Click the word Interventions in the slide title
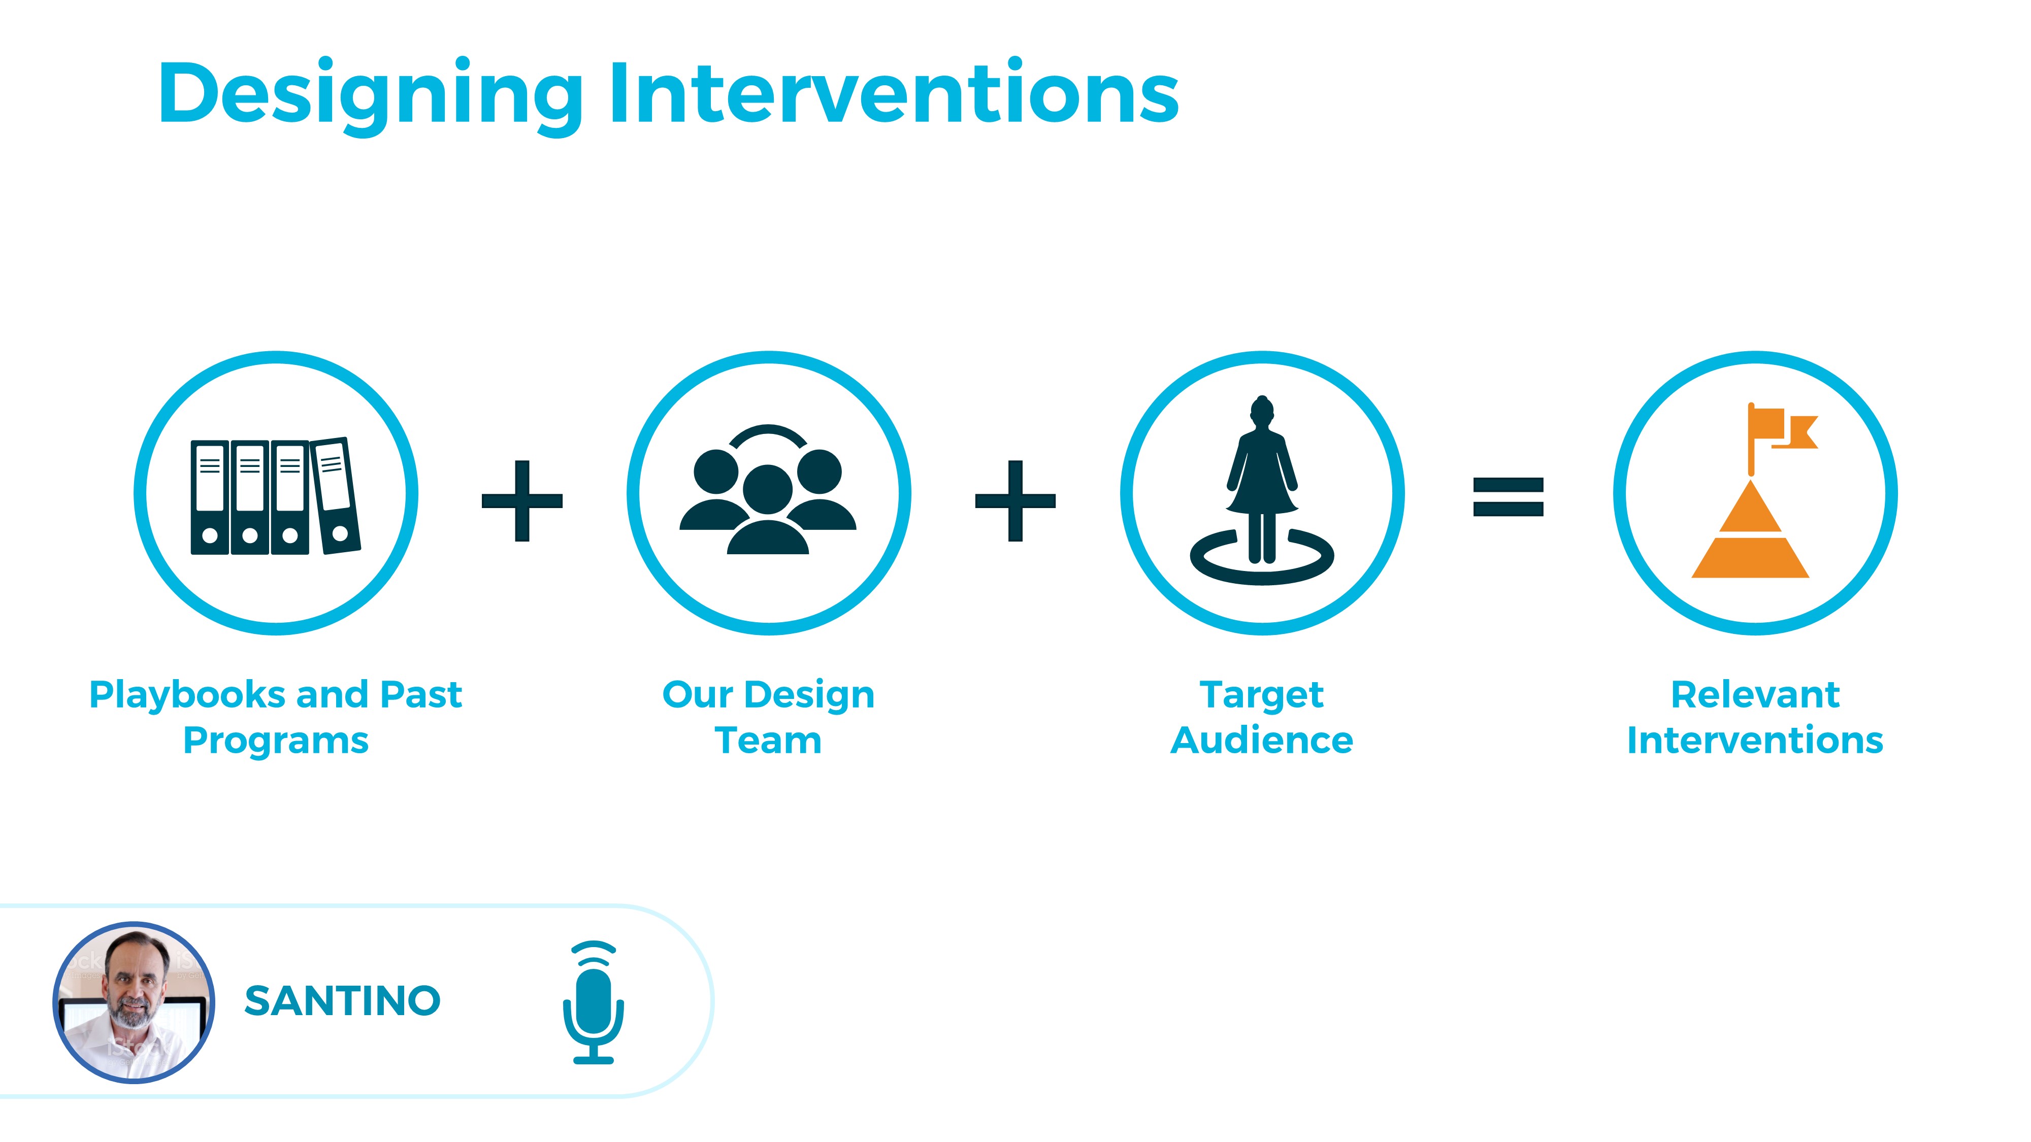coord(893,92)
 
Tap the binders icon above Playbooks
coord(275,496)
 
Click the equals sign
coord(1508,497)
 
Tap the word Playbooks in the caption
coord(188,696)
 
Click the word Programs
coord(276,742)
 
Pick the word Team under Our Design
coord(768,741)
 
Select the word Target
coord(1261,696)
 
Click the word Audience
coord(1261,741)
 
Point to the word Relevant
coord(1755,695)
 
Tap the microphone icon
coord(593,1002)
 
